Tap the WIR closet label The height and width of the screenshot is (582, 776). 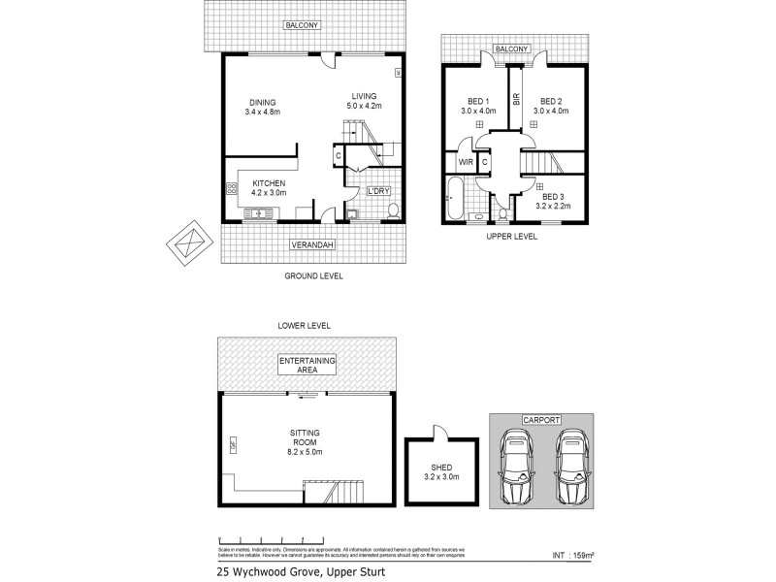click(465, 162)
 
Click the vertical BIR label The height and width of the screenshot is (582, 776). click(516, 99)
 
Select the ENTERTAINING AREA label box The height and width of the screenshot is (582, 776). click(307, 366)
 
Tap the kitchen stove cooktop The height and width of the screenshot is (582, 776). click(232, 189)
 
